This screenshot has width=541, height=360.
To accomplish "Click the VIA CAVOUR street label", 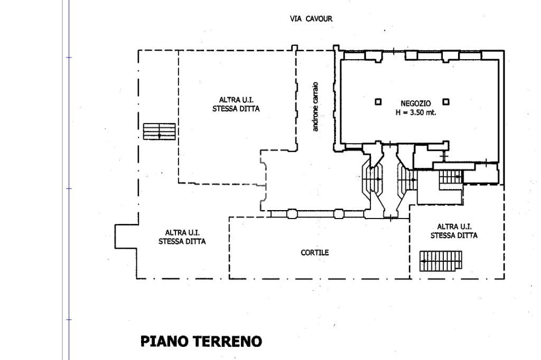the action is click(311, 18).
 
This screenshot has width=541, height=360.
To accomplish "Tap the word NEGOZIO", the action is click(415, 103).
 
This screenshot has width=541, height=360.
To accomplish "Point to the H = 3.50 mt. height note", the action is click(415, 112).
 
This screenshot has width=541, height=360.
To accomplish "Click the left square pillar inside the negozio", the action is click(378, 102).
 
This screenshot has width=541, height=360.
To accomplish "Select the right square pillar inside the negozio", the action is click(446, 102).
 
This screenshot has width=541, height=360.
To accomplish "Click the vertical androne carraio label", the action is click(315, 107).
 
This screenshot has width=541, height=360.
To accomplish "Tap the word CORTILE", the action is click(315, 252).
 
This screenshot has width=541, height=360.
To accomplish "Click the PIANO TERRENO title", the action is click(201, 342).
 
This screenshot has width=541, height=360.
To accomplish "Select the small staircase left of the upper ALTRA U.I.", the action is click(159, 131).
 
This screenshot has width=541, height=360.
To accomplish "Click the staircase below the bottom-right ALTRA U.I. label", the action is click(441, 261).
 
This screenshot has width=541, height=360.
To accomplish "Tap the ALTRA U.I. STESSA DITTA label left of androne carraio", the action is click(236, 104).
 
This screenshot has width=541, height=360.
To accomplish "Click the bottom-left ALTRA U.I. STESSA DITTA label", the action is click(182, 237).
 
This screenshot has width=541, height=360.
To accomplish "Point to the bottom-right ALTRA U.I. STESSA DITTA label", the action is click(454, 231).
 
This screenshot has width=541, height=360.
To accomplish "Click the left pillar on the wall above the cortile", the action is click(292, 214).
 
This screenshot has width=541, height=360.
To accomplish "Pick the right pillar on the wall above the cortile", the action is click(339, 214).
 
